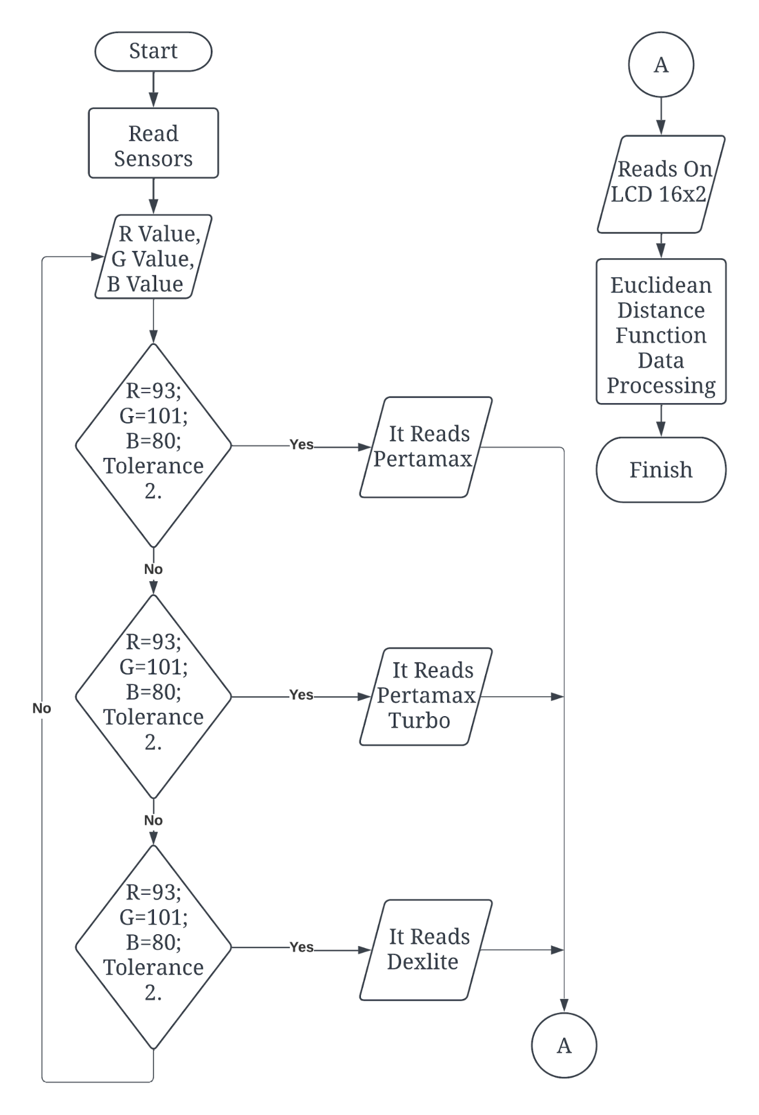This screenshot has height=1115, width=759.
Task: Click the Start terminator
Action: (153, 51)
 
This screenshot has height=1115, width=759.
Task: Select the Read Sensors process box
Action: (153, 143)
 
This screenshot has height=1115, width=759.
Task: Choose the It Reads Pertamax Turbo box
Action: (426, 696)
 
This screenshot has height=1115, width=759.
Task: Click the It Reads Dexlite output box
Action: (426, 949)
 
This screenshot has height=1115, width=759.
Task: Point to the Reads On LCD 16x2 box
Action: (661, 184)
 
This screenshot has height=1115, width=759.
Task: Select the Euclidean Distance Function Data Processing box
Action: (661, 331)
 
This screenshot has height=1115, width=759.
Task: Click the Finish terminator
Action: (661, 470)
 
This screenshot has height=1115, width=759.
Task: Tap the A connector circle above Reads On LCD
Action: (661, 65)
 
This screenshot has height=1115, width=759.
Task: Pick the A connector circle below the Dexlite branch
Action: (564, 1045)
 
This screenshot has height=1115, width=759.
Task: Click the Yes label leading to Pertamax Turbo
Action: (301, 695)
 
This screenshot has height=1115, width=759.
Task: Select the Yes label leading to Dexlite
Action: (301, 947)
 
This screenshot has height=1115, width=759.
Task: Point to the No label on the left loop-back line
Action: (42, 708)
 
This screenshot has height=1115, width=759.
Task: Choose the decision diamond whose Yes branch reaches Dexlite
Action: (153, 947)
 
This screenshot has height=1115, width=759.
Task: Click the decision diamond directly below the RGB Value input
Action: (153, 445)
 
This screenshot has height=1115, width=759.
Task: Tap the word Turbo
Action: (419, 721)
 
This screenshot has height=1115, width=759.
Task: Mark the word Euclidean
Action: (661, 286)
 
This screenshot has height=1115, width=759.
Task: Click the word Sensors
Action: (153, 159)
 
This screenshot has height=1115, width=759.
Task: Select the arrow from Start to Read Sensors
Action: (153, 89)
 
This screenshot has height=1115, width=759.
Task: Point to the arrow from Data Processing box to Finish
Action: (661, 421)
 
